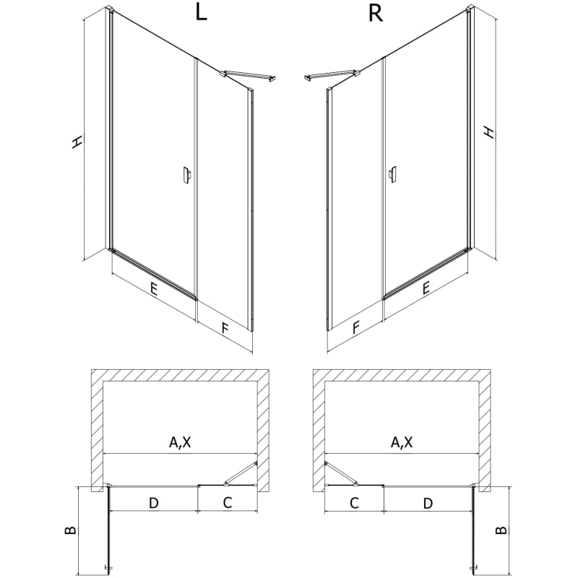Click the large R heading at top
(x=376, y=13)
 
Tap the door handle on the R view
(x=393, y=174)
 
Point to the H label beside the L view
(x=77, y=142)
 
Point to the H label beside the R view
(x=489, y=132)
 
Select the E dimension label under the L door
(x=153, y=288)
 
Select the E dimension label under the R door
(x=426, y=288)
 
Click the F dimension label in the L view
(x=225, y=327)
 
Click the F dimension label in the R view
(x=355, y=327)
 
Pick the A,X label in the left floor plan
(x=180, y=441)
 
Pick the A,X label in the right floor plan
(x=402, y=441)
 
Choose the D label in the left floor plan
(x=153, y=503)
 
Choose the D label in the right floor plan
(x=428, y=503)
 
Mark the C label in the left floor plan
(x=228, y=502)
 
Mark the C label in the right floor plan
(x=354, y=502)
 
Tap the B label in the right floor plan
(x=501, y=530)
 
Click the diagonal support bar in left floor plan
(x=241, y=473)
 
